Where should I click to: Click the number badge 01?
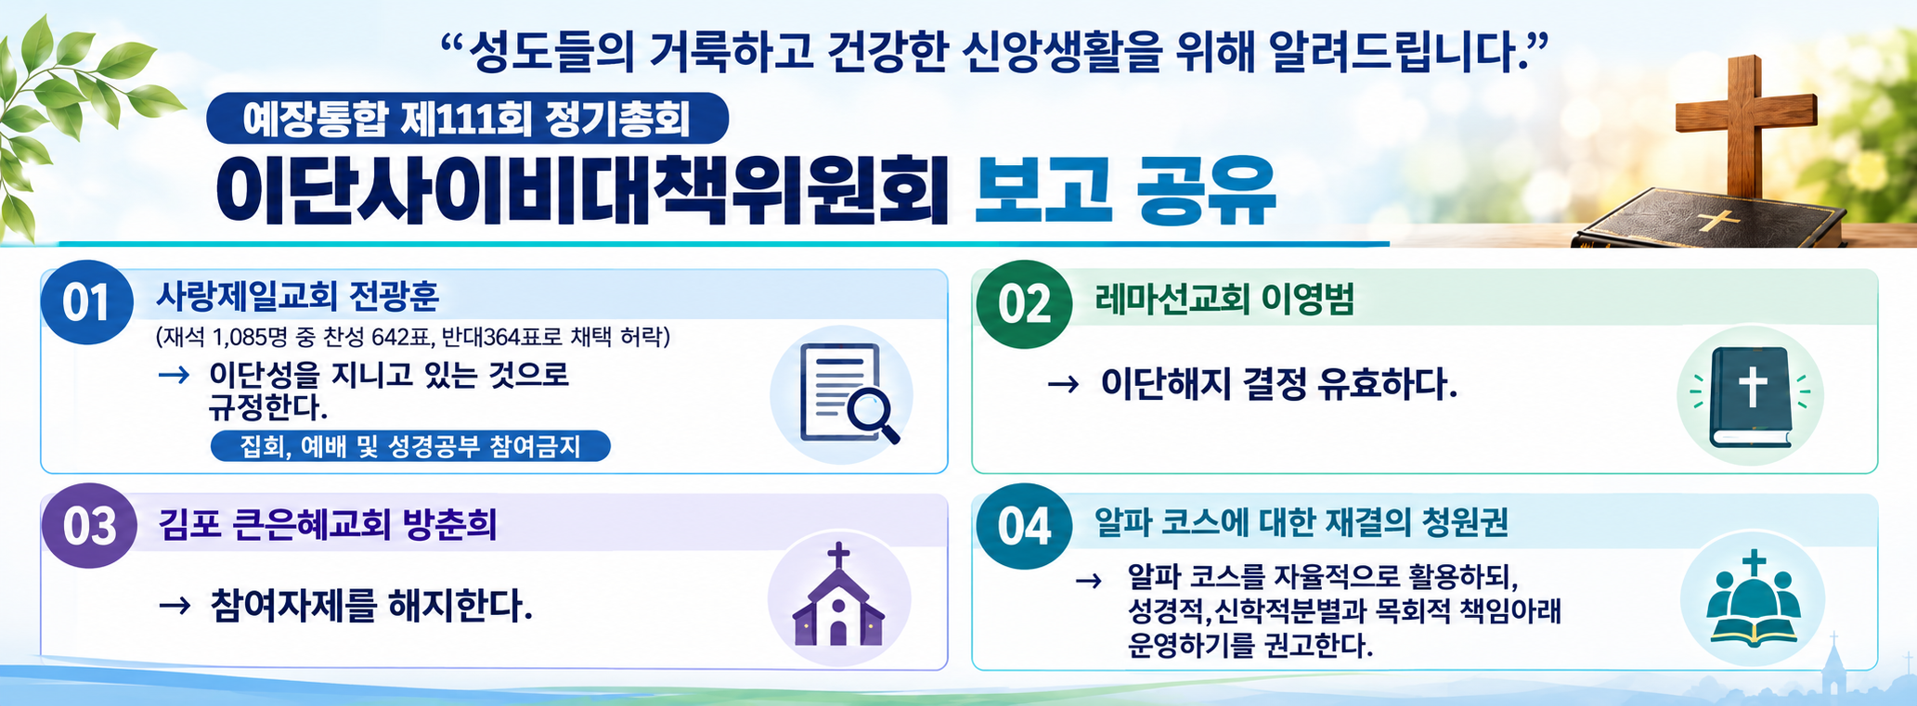(86, 302)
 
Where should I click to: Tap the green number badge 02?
(1024, 303)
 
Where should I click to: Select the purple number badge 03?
(89, 526)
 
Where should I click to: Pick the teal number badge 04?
(1024, 526)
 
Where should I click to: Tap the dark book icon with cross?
(1751, 396)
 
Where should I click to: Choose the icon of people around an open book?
(1753, 597)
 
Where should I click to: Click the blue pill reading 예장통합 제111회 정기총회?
(467, 118)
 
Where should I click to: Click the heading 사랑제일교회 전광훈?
(297, 296)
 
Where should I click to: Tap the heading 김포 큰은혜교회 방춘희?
(328, 524)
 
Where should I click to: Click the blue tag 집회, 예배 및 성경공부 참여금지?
(410, 446)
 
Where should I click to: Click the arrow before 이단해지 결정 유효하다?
(1063, 384)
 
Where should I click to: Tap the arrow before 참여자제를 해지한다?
(175, 607)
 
